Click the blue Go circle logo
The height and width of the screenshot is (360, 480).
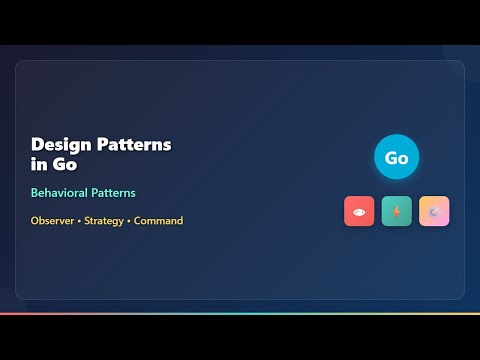tap(397, 158)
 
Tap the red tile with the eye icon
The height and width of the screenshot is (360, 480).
tap(359, 211)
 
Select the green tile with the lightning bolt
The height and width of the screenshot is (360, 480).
tap(397, 211)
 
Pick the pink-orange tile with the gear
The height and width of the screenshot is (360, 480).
tap(434, 211)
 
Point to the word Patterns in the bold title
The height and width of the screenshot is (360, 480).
tap(135, 144)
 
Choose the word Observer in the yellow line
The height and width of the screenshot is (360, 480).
tap(52, 221)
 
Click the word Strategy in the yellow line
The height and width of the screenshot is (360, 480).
tap(105, 221)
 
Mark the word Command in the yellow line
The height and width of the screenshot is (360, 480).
tap(159, 221)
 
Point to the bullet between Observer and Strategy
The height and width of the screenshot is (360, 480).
tap(79, 221)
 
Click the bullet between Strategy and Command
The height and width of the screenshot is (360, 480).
tap(129, 221)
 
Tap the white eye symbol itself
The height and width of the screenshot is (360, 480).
tap(359, 211)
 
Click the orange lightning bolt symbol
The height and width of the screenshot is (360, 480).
tap(397, 211)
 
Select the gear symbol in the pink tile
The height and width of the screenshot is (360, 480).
tap(434, 211)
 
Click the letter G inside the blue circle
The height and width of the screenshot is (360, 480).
tap(391, 158)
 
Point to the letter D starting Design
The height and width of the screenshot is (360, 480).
tap(37, 144)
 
